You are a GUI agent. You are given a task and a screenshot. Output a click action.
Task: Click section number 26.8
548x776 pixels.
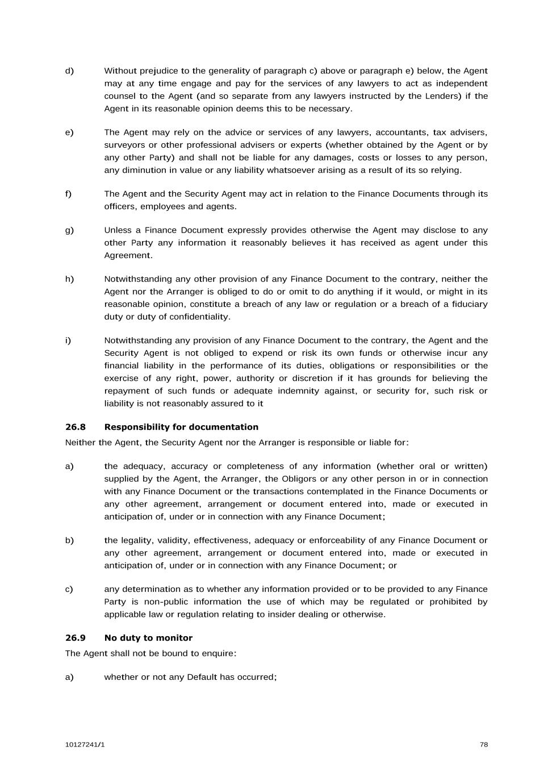75,427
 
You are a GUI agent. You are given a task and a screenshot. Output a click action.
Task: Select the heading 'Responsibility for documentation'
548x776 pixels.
181,427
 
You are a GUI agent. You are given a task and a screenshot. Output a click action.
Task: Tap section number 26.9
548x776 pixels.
75,638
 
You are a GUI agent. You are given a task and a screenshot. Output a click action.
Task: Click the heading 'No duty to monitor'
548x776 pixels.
148,638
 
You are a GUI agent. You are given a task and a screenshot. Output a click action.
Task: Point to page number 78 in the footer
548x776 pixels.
483,745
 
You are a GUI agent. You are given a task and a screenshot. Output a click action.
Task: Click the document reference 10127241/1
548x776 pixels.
85,745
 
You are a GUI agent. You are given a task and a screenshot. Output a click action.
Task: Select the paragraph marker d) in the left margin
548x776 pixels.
69,71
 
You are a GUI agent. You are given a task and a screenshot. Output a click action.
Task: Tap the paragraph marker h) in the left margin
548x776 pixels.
69,279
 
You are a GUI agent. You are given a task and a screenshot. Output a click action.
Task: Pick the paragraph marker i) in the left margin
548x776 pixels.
68,341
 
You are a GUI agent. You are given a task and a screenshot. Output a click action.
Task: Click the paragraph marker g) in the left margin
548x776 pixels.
69,230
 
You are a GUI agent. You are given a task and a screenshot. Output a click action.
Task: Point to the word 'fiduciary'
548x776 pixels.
468,304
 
